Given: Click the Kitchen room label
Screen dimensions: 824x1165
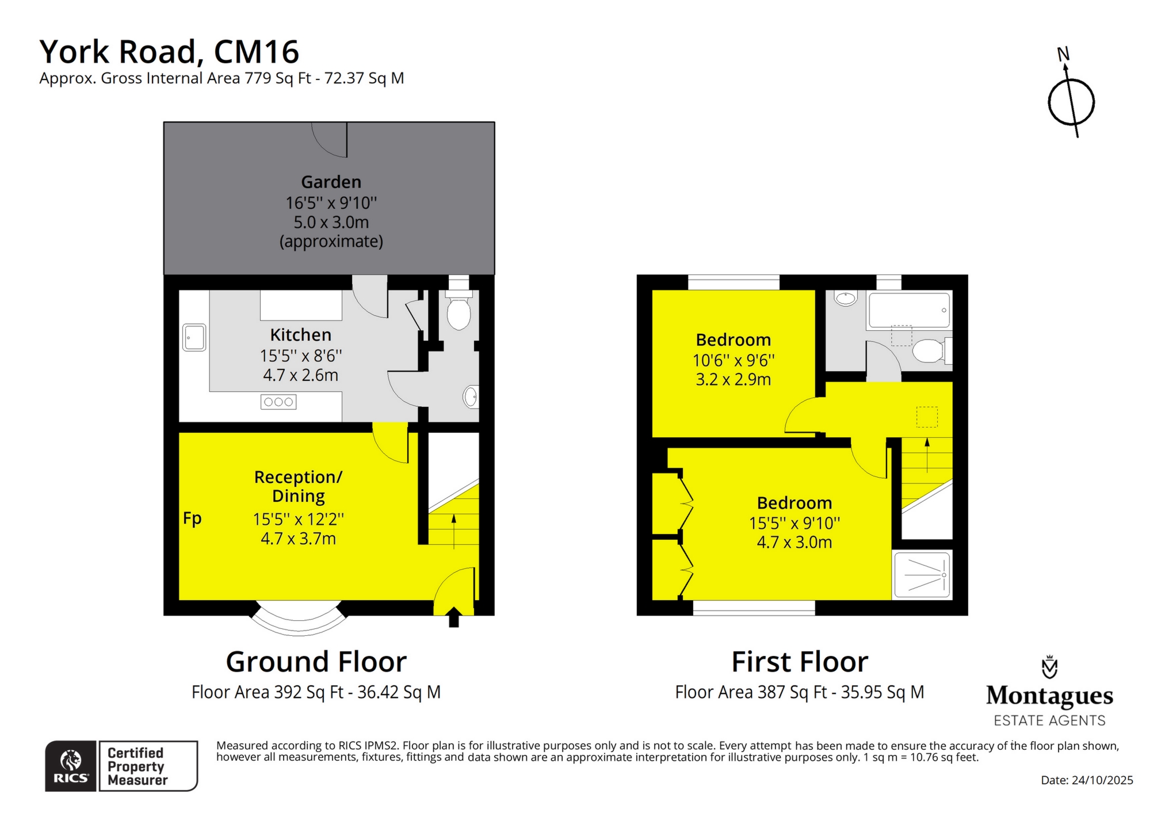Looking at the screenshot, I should tap(300, 335).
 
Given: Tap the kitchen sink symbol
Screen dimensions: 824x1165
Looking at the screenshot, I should tap(194, 338).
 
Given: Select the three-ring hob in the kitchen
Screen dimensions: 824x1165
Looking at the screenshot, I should tap(278, 402).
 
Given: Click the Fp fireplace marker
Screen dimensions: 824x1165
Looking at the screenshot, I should tap(192, 518).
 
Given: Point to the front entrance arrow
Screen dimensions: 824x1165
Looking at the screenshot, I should tap(453, 617).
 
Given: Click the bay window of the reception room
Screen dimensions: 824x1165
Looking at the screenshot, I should tap(299, 621).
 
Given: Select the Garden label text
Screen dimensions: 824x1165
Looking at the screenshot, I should tap(331, 182).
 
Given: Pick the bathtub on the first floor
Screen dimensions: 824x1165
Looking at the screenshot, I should tap(908, 310).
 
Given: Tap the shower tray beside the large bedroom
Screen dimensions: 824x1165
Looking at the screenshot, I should tap(922, 575).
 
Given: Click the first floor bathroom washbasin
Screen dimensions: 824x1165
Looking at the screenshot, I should tap(845, 299).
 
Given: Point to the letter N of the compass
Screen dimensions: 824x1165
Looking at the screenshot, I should tap(1063, 55).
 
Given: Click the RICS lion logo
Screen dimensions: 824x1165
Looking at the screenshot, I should tap(70, 761).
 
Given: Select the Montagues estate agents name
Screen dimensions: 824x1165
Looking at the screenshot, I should tap(1049, 696).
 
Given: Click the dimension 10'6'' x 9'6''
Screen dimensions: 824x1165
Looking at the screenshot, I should tap(733, 361).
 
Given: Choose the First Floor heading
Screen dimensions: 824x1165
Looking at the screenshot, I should tap(799, 662).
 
